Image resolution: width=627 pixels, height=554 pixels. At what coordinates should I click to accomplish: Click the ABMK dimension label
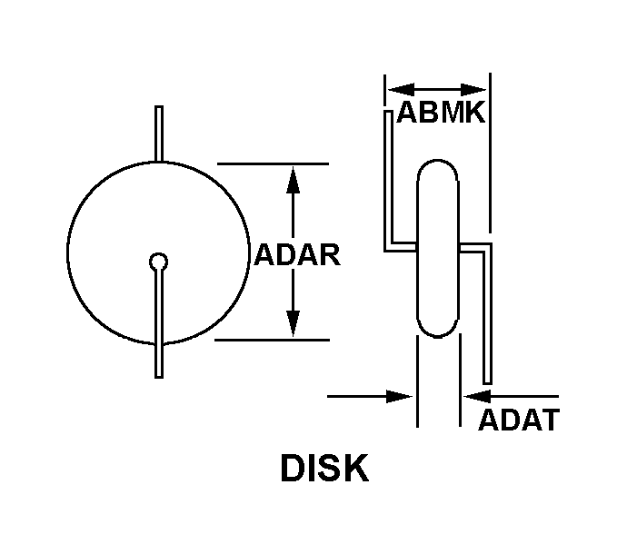[x=441, y=113]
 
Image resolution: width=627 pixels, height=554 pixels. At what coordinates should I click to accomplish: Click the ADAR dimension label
[x=297, y=254]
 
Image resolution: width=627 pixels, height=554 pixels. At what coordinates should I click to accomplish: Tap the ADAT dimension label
[x=519, y=420]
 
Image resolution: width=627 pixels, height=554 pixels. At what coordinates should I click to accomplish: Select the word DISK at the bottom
[x=324, y=468]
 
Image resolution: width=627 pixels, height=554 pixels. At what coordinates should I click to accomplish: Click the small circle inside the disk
[x=158, y=262]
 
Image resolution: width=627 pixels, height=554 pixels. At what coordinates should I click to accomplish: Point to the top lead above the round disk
[x=159, y=134]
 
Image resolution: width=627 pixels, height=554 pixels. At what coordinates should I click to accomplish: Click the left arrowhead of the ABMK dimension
[x=401, y=90]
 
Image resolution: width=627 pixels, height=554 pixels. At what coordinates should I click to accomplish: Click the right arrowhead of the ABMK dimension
[x=473, y=90]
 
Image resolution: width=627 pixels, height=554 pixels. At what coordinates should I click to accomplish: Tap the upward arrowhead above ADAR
[x=294, y=180]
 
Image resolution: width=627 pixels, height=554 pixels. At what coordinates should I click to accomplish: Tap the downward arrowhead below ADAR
[x=294, y=323]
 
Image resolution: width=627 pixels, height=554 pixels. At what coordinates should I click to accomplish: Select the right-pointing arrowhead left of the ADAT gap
[x=399, y=397]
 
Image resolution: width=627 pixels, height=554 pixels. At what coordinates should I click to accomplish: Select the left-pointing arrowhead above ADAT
[x=477, y=397]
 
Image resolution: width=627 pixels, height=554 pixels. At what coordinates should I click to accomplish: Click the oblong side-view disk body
[x=438, y=248]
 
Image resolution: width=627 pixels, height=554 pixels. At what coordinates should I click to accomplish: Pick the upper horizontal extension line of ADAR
[x=273, y=163]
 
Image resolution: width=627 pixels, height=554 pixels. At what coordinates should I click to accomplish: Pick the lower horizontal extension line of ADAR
[x=272, y=341]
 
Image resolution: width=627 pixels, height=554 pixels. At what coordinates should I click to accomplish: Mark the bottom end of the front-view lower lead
[x=159, y=377]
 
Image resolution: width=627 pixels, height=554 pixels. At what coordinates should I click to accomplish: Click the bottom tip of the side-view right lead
[x=487, y=384]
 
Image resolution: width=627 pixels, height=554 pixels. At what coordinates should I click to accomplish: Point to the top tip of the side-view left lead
[x=388, y=112]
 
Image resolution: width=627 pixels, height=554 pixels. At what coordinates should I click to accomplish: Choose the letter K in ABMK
[x=475, y=113]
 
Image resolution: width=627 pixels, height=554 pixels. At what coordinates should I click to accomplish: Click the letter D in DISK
[x=293, y=468]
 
